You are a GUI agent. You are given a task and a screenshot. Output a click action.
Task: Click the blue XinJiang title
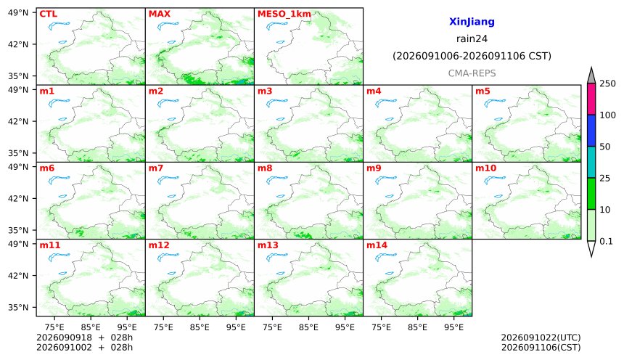[x=472, y=22]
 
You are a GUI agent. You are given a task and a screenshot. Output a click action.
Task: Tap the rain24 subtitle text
[x=472, y=38]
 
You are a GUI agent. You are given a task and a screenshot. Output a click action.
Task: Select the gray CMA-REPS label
[x=472, y=73]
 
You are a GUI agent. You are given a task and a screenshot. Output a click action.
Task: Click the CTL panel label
[x=48, y=14]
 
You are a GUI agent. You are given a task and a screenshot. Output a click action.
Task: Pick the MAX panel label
[x=159, y=14]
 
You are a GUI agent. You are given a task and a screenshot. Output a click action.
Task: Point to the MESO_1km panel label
[x=284, y=14]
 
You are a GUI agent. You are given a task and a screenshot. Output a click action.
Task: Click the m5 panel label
[x=483, y=91]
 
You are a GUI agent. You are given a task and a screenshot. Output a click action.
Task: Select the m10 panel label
[x=485, y=168]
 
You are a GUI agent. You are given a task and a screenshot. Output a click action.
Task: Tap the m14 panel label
[x=377, y=245]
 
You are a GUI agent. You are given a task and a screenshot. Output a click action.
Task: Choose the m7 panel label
[x=155, y=168]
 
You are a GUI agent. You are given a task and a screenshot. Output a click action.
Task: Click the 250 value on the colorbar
[x=608, y=83]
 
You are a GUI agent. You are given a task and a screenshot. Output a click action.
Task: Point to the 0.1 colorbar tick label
[x=606, y=241]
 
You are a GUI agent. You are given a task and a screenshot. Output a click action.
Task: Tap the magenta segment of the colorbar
[x=591, y=99]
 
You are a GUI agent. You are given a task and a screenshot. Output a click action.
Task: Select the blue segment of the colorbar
[x=591, y=131]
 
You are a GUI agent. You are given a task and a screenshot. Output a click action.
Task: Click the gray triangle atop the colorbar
[x=591, y=75]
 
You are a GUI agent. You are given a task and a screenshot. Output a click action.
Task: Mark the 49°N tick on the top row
[x=18, y=13]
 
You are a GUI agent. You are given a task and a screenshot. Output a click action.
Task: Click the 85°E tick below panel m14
[x=417, y=327]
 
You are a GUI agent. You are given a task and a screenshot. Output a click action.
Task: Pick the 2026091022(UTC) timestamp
[x=541, y=337]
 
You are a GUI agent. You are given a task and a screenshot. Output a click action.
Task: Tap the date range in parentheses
[x=472, y=56]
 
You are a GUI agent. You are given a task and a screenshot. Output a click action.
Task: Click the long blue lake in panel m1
[x=59, y=103]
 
